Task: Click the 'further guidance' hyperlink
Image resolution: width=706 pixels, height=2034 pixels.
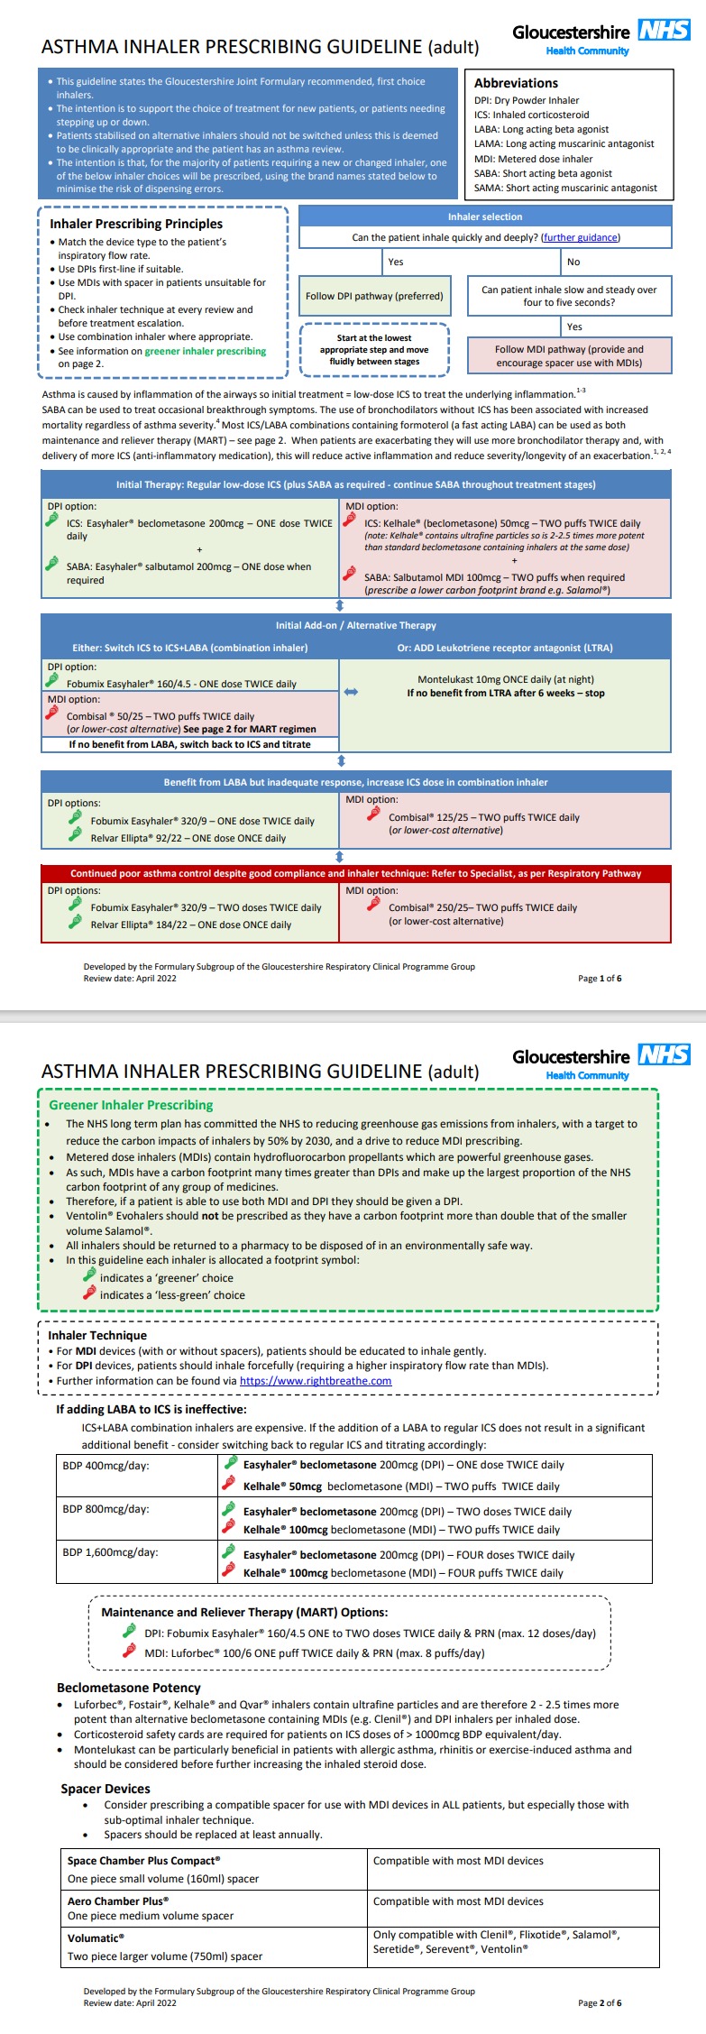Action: tap(581, 237)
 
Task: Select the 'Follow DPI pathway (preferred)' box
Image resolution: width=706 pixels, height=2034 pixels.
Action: tap(374, 296)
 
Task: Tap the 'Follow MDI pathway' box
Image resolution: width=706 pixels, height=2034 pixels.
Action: tap(569, 355)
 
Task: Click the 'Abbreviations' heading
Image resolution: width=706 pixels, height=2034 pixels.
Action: tap(516, 83)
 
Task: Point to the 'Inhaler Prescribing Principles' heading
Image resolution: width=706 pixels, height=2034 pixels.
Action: tap(136, 224)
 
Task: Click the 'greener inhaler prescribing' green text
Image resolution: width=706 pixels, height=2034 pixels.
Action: tap(206, 351)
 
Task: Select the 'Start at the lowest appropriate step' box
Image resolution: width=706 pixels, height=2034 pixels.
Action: tap(374, 350)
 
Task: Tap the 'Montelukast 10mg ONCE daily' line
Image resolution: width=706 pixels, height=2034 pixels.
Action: tap(506, 679)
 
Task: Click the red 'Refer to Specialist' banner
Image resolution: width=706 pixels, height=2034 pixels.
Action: tap(355, 873)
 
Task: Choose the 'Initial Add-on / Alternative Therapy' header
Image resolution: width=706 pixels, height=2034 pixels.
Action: tap(355, 625)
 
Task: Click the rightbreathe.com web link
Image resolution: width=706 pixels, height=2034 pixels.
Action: tap(316, 1380)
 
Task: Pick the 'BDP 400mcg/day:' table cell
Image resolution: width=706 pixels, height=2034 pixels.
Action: tap(106, 1465)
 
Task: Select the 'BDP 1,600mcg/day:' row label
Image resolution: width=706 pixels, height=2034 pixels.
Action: tap(111, 1551)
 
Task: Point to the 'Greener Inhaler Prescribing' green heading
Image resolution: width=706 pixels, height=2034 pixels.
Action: tap(131, 1105)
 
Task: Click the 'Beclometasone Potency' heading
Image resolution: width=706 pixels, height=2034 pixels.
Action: tap(129, 1688)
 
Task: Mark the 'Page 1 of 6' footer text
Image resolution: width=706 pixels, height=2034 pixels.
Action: tap(600, 978)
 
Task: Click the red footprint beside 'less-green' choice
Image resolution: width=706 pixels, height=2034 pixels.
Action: tap(89, 1293)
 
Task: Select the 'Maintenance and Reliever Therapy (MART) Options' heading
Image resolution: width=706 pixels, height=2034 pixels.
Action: tap(244, 1612)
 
